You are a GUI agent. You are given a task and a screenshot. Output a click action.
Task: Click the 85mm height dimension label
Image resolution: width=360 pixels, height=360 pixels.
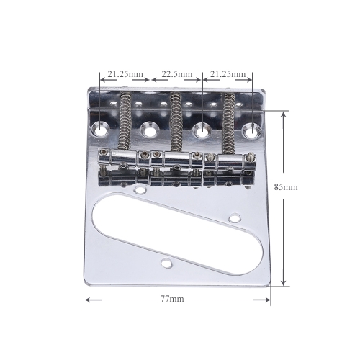click(x=286, y=187)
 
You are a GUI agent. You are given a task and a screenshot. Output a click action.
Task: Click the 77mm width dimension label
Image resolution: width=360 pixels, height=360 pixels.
click(x=172, y=299)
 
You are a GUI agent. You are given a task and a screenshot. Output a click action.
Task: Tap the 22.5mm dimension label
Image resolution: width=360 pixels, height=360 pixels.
click(x=177, y=74)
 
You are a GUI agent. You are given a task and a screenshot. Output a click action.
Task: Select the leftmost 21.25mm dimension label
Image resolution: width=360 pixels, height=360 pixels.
click(x=125, y=74)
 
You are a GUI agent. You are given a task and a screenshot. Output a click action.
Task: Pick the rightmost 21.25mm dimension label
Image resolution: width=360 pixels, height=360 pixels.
click(x=228, y=74)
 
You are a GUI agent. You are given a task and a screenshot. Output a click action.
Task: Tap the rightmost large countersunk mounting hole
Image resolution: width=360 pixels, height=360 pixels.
click(x=252, y=131)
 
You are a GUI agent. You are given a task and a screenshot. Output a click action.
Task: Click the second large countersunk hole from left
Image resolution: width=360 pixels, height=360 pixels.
click(x=150, y=129)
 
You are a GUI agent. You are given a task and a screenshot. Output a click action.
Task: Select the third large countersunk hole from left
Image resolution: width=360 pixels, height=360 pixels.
click(x=202, y=130)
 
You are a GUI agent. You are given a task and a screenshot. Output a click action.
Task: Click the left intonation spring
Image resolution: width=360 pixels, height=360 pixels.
click(x=125, y=121)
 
